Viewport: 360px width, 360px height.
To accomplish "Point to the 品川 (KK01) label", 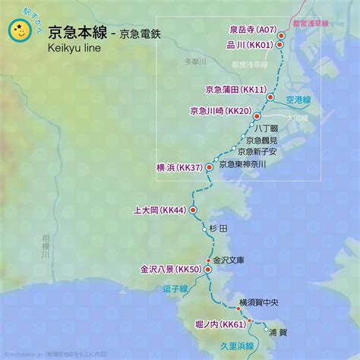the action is [250, 45].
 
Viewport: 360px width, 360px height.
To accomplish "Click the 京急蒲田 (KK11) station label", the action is [236, 90].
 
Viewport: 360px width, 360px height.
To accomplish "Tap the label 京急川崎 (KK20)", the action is [220, 112].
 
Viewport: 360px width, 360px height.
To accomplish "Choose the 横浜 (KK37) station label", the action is [178, 168].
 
